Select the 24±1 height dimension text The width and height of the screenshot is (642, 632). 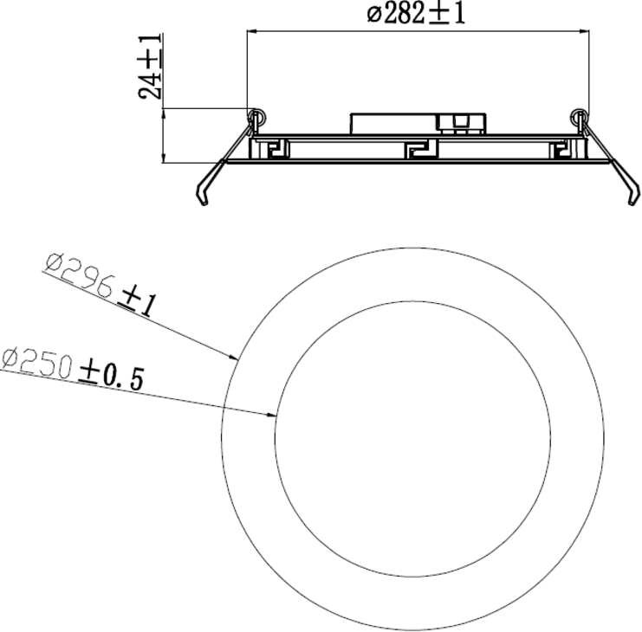(x=152, y=67)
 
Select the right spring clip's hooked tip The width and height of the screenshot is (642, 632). (x=632, y=200)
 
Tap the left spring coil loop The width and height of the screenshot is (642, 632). (x=255, y=115)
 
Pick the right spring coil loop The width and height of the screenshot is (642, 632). (x=578, y=115)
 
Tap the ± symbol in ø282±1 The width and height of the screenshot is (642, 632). (x=436, y=14)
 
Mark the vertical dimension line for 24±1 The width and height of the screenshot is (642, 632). (x=163, y=134)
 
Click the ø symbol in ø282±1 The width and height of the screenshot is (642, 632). (x=374, y=14)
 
